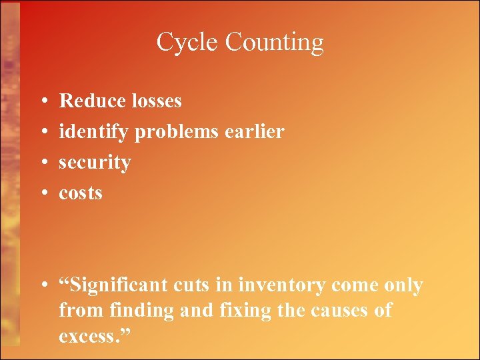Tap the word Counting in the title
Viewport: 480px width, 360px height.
[x=274, y=43]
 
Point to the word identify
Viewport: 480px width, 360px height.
[x=94, y=132]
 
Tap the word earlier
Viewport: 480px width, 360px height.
[x=257, y=131]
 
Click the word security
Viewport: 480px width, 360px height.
[x=95, y=163]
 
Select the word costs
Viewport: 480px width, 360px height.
[x=81, y=193]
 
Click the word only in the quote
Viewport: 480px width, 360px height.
[x=403, y=285]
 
